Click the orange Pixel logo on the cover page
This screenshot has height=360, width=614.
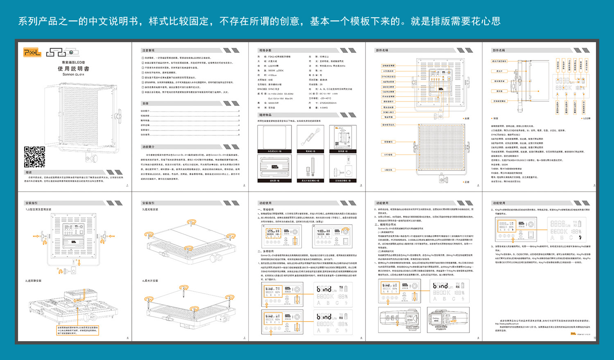[x=32, y=52]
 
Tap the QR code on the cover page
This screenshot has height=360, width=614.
[x=34, y=157]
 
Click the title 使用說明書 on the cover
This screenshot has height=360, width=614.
[x=73, y=69]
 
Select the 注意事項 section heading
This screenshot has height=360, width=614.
[x=148, y=50]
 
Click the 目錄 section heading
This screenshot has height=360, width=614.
[x=145, y=103]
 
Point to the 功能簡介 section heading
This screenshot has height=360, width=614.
[x=148, y=147]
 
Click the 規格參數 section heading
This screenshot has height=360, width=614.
[x=265, y=50]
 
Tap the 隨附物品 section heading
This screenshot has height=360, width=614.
[x=265, y=115]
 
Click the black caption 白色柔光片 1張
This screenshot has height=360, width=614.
[x=275, y=151]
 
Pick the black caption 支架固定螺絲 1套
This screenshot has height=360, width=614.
[x=343, y=180]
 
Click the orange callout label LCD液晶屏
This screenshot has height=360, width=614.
[x=388, y=71]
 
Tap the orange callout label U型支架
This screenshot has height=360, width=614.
[x=388, y=170]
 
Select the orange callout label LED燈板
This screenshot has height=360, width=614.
[x=388, y=155]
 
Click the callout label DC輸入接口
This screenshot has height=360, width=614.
[x=388, y=112]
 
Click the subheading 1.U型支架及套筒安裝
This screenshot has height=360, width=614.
[x=38, y=209]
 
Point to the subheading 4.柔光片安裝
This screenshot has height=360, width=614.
[x=150, y=281]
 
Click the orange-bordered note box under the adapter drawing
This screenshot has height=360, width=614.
[x=78, y=330]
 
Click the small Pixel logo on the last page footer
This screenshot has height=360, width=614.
[x=573, y=334]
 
